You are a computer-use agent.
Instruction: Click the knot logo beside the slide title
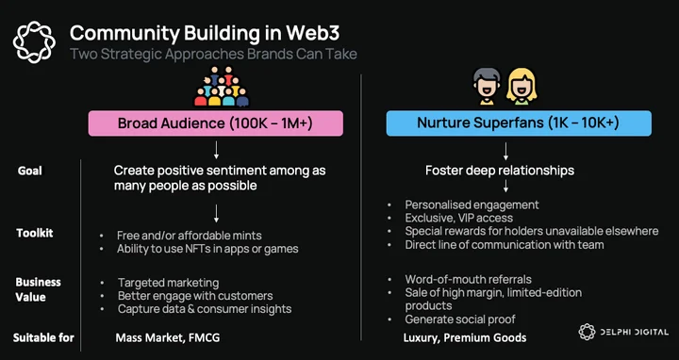point(34,42)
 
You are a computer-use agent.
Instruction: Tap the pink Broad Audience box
point(216,123)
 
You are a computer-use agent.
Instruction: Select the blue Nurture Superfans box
point(519,123)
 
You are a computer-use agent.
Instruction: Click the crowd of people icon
point(222,87)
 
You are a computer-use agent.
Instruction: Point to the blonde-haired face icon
point(522,86)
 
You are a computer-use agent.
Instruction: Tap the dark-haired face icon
point(487,86)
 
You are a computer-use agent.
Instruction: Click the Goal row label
point(30,171)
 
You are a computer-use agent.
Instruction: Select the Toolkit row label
point(35,233)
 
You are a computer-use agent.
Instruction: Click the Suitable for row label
point(43,337)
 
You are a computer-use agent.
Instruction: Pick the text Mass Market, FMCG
point(168,337)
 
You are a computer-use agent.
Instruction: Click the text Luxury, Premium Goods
point(465,337)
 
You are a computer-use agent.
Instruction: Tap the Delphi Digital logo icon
point(587,332)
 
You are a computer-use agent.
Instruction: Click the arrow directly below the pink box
point(216,150)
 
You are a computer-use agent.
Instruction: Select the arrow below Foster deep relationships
point(505,187)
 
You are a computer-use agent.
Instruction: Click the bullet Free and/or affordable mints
point(190,236)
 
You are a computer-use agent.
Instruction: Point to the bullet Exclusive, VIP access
point(459,218)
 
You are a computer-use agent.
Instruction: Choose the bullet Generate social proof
point(460,319)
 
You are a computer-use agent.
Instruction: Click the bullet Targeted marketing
point(169,283)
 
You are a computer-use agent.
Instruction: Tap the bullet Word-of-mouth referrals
point(468,280)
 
